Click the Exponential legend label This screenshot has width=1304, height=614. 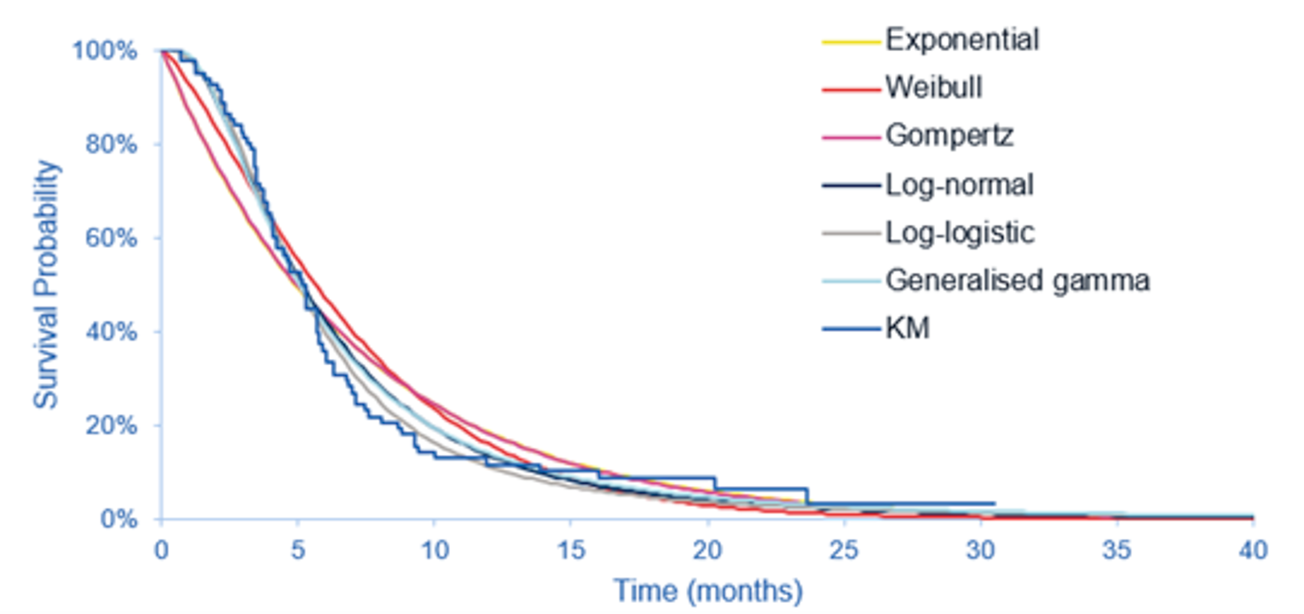(961, 39)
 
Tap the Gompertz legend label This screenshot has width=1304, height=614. (949, 135)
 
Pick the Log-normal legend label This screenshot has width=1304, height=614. (959, 184)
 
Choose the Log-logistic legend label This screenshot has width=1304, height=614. (960, 232)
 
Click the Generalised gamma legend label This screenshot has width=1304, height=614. (1018, 280)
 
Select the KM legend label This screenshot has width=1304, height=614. (908, 329)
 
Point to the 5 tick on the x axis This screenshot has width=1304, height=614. (297, 550)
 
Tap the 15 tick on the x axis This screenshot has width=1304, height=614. (570, 550)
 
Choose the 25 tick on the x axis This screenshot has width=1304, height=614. (843, 550)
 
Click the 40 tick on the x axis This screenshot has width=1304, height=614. (1252, 550)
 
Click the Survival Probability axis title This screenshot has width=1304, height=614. (49, 284)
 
